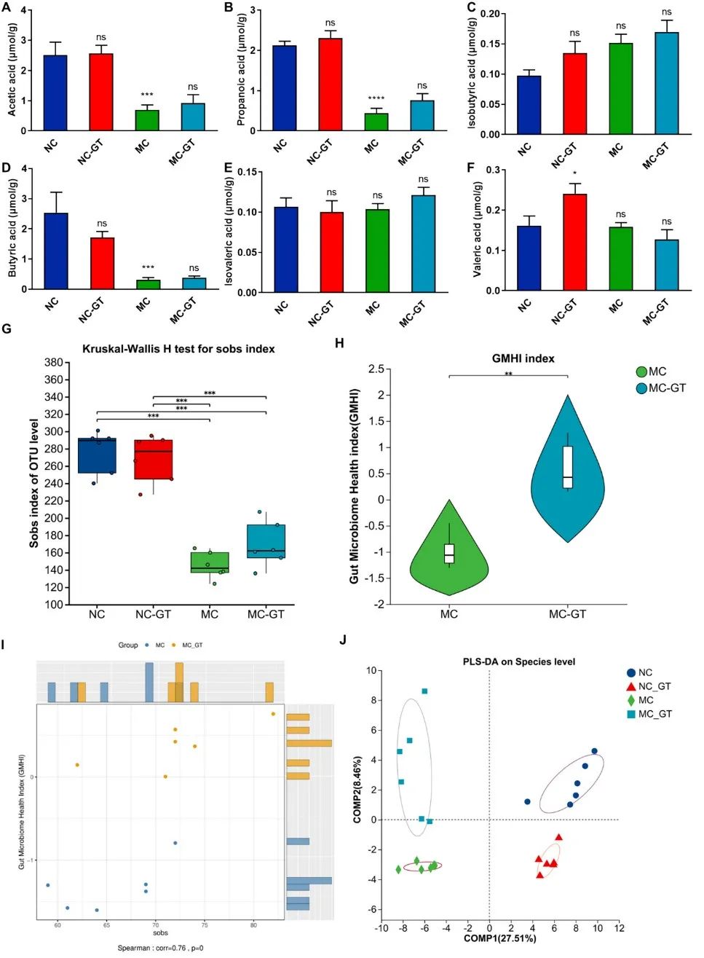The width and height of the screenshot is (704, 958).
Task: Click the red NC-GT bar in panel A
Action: click(101, 92)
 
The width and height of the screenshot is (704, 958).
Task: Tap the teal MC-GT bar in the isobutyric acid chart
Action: click(665, 83)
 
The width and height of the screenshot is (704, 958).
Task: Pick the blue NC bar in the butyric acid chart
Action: click(56, 251)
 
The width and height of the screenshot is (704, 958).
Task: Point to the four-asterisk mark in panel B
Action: click(376, 98)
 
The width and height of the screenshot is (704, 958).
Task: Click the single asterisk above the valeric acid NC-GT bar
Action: click(574, 173)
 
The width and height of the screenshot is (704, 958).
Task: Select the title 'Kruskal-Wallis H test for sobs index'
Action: click(178, 349)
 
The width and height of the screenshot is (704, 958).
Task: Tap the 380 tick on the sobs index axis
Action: click(53, 362)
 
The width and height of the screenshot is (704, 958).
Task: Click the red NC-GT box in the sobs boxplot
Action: click(154, 459)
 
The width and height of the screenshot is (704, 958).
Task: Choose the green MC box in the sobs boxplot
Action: click(210, 562)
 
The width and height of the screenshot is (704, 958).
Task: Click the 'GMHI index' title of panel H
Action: click(523, 358)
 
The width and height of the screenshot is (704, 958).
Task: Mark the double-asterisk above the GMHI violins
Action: click(508, 374)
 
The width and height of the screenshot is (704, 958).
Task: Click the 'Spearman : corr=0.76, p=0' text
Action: click(160, 948)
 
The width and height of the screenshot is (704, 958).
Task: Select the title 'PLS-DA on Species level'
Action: click(518, 661)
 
